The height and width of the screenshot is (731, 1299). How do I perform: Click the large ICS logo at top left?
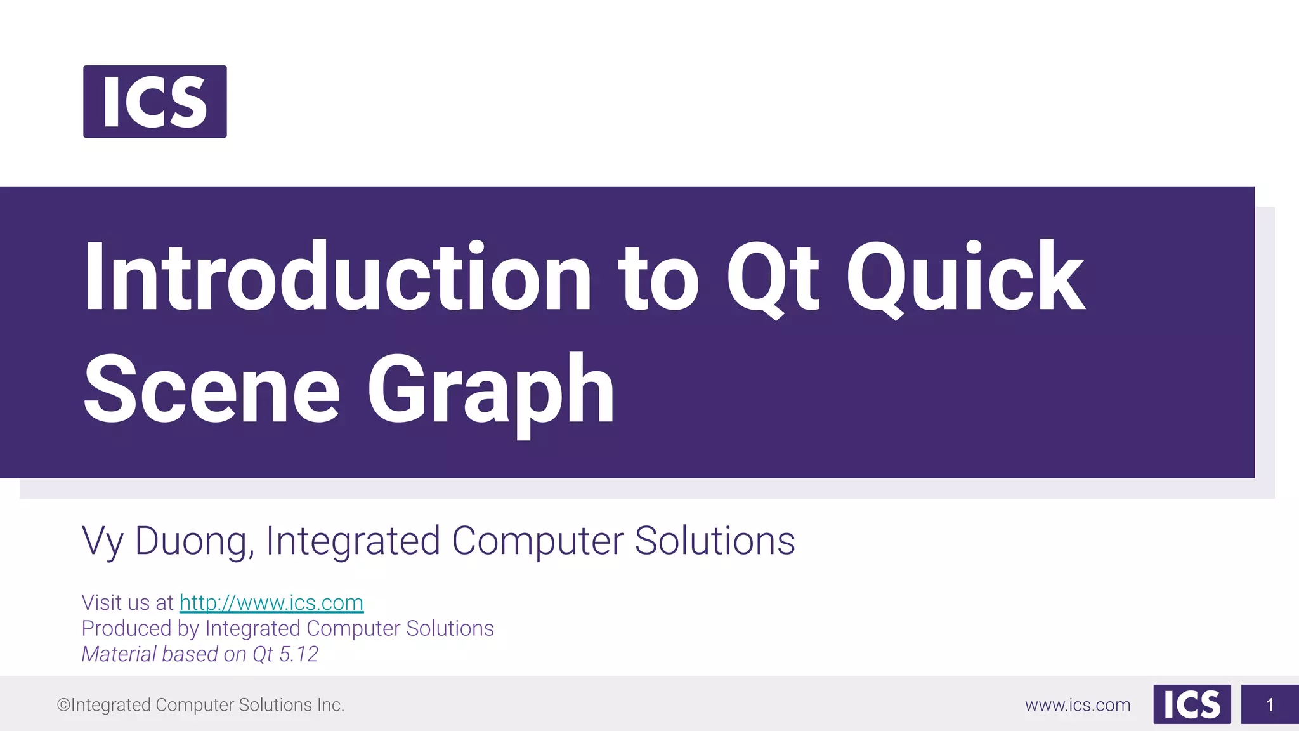[x=155, y=102]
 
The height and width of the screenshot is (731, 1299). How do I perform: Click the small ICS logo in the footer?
[x=1192, y=704]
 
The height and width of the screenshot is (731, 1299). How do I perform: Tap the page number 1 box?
[x=1269, y=704]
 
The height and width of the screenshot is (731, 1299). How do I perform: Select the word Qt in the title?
[x=772, y=277]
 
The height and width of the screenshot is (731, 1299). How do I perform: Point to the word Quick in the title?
[x=964, y=277]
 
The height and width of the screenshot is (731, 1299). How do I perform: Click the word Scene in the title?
[x=212, y=388]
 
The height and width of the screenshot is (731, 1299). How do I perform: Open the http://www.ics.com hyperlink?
[x=271, y=603]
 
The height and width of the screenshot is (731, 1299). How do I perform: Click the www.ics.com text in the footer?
[x=1077, y=705]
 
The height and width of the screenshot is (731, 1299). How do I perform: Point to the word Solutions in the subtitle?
[x=714, y=541]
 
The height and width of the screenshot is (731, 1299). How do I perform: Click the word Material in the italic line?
[x=119, y=654]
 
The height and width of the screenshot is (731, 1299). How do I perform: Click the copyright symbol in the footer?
[x=63, y=705]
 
